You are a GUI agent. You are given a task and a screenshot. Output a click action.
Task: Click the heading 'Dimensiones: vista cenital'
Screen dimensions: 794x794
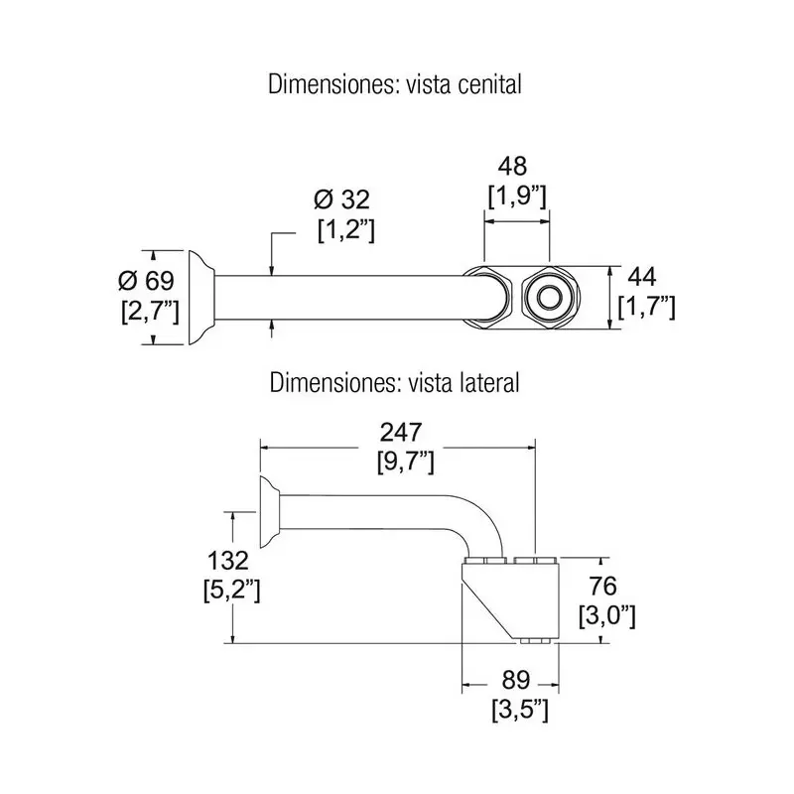click(x=395, y=85)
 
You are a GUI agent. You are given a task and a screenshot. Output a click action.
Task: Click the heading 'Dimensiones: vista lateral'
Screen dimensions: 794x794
click(x=395, y=382)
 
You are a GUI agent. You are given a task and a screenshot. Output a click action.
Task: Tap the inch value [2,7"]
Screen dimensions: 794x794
click(x=149, y=311)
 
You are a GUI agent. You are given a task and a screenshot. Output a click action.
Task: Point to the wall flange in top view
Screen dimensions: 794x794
click(x=201, y=297)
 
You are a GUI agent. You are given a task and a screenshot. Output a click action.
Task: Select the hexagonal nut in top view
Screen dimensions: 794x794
click(x=489, y=296)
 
